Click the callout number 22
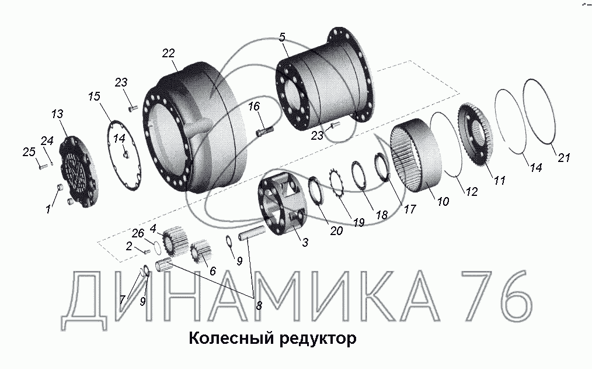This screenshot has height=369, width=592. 168,53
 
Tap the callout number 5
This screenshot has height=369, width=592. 283,37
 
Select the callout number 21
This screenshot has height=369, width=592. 563,157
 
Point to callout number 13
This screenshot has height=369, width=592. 57,114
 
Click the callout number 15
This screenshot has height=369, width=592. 94,96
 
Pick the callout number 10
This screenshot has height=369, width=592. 443,201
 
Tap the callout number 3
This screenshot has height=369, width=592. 305,242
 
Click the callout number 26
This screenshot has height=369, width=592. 138,233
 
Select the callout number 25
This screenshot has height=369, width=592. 29,152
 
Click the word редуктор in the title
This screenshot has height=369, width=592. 318,339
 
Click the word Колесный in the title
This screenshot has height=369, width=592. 231,338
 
